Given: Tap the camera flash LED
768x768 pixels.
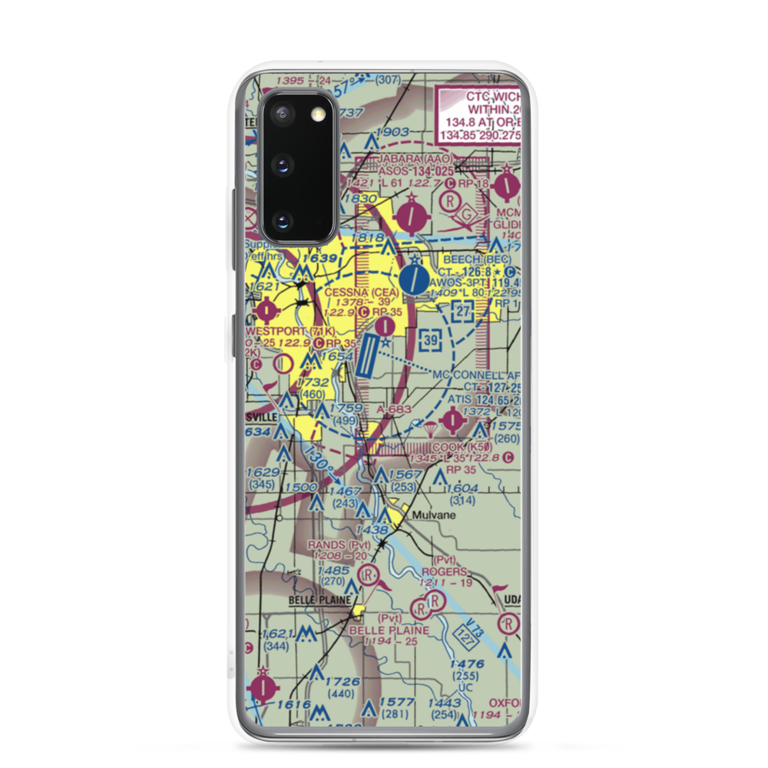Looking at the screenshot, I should click(316, 114).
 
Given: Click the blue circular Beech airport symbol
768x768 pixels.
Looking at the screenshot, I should click(415, 278).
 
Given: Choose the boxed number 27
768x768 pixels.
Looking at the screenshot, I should click(461, 311).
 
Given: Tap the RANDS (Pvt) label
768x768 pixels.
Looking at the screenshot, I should click(339, 545).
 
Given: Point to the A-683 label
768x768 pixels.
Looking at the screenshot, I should click(396, 411).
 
